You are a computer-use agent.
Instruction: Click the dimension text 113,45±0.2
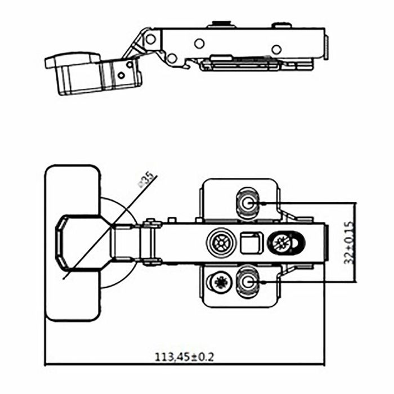(185, 357)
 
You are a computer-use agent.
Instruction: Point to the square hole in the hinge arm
(249, 243)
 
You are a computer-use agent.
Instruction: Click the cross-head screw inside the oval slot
(281, 243)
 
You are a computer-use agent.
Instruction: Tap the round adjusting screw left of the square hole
(220, 243)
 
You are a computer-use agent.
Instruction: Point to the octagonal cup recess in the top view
(79, 243)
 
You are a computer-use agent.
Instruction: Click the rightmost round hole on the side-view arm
(276, 49)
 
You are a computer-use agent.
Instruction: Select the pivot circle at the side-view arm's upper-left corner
(150, 39)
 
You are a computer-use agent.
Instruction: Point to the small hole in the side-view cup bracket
(121, 75)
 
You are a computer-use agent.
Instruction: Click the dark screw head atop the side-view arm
(221, 24)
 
